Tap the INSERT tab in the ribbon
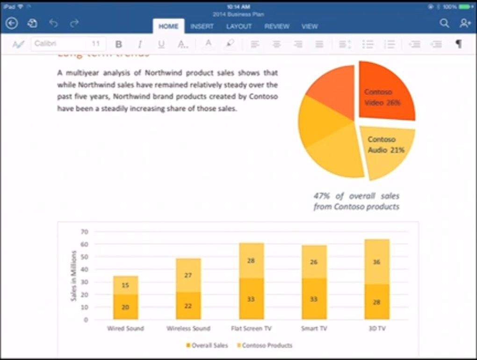202,27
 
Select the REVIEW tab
277,27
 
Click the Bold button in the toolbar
119,44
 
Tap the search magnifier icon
444,23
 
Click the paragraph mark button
459,44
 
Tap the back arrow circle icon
12,23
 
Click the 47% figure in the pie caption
322,196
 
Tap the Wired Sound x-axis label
125,329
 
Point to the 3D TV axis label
377,329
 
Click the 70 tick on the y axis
85,231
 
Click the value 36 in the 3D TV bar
377,262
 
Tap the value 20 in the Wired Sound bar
125,307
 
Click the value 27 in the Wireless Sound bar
188,275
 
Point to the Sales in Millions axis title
73,276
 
